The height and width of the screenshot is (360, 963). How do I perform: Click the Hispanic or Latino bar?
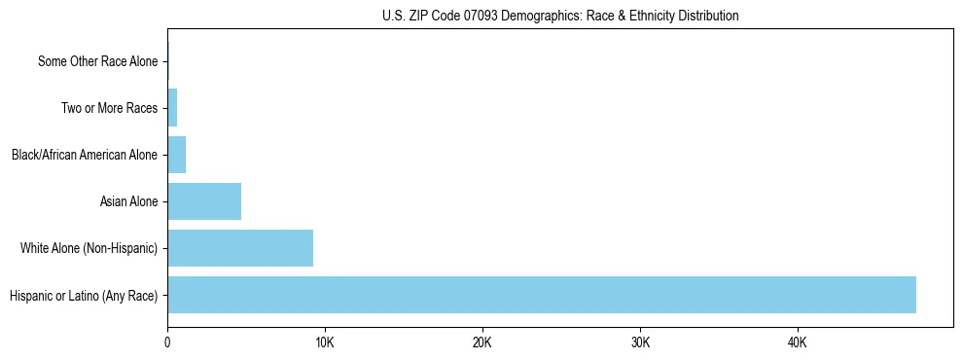click(542, 295)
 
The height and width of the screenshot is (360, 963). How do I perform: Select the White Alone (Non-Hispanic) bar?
click(240, 248)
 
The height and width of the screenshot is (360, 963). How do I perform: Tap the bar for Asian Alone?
click(204, 201)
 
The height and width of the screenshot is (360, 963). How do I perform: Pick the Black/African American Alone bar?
click(176, 155)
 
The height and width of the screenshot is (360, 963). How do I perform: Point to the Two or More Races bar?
click(172, 108)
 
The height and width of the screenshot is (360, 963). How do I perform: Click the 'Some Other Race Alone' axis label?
click(97, 61)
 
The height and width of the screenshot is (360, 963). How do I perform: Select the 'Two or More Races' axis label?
click(109, 108)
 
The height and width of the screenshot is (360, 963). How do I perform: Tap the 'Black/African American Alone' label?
click(85, 155)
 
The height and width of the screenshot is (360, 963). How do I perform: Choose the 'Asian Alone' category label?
click(128, 201)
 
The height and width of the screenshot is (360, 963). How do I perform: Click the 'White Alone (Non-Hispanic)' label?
click(89, 248)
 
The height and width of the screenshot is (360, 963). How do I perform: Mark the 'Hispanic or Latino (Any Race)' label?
click(84, 295)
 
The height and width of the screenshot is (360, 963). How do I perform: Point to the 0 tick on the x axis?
click(167, 343)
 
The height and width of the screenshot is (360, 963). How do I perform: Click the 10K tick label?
click(325, 343)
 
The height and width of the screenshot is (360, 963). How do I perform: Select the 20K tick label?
click(482, 343)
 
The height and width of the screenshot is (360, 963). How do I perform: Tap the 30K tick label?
click(640, 343)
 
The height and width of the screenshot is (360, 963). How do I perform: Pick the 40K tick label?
click(798, 343)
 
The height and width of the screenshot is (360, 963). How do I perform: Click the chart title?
click(560, 16)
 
